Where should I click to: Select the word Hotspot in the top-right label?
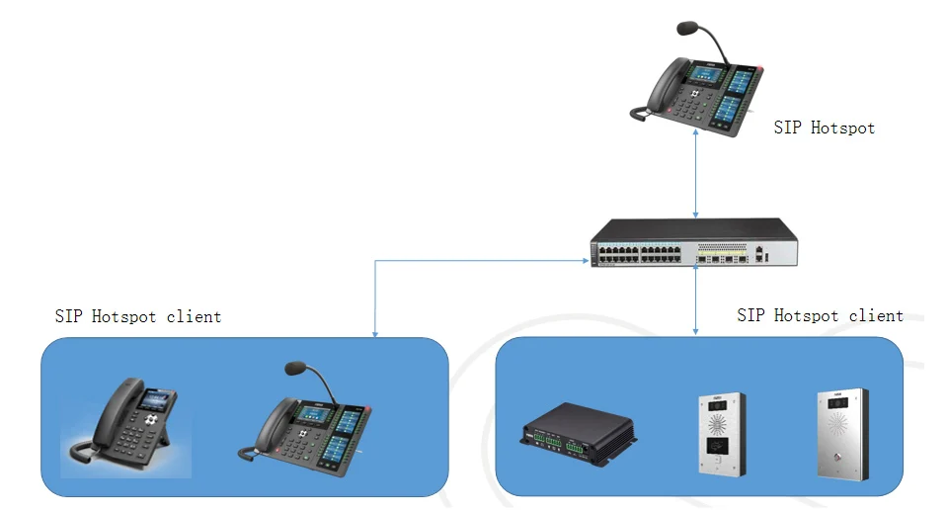point(842,128)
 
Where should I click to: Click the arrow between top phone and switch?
point(697,172)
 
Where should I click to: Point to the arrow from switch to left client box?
point(376,297)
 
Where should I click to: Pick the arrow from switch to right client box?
point(697,301)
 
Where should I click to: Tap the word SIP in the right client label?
point(750,315)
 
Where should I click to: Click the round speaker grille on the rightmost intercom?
point(836,427)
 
